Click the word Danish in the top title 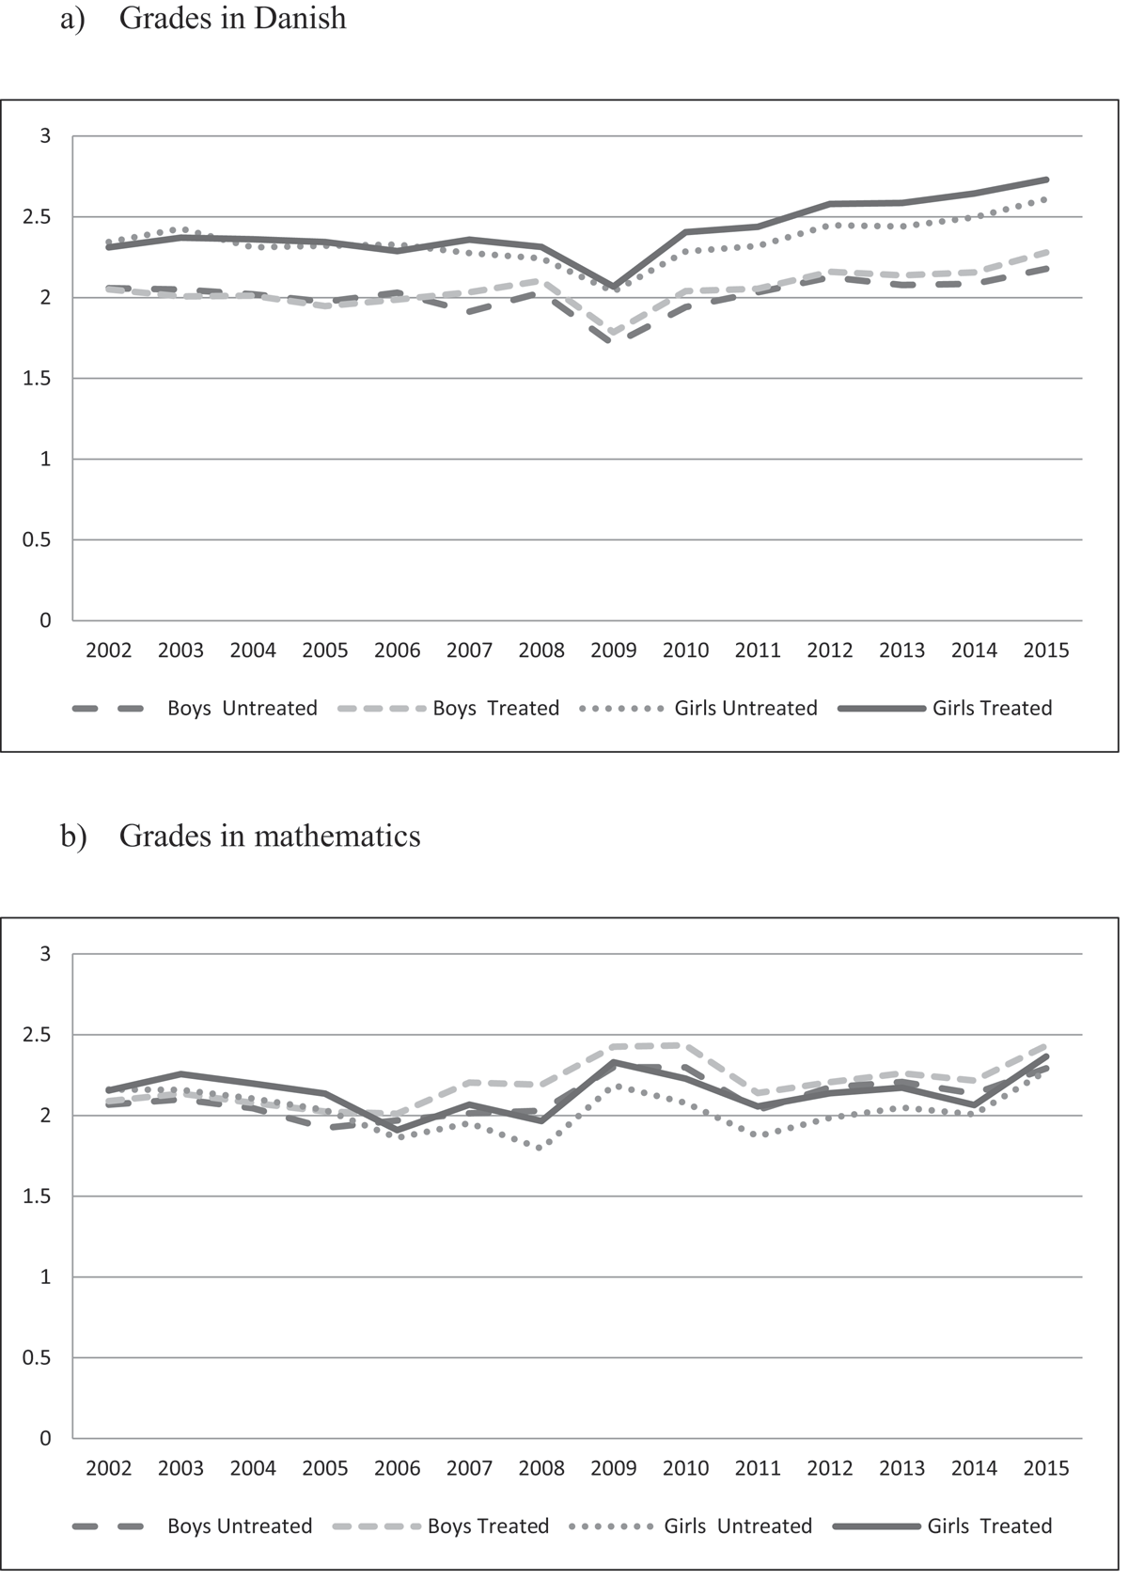click(x=300, y=19)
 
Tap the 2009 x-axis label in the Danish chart click(x=613, y=650)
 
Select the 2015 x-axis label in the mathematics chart click(x=1046, y=1468)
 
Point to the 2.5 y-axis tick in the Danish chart click(x=37, y=217)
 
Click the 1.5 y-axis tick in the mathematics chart click(x=37, y=1197)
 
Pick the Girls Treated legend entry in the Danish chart click(x=946, y=708)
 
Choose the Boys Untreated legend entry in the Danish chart click(x=196, y=708)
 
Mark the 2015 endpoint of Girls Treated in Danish click(x=1046, y=180)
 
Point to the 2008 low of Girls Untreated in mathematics click(x=540, y=1149)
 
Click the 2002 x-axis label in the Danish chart click(x=109, y=650)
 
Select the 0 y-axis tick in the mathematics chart click(x=45, y=1439)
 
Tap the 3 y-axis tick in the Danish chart click(x=45, y=135)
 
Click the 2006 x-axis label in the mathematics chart click(x=398, y=1468)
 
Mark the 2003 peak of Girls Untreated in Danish click(x=180, y=229)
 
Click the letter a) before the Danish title click(x=72, y=20)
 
